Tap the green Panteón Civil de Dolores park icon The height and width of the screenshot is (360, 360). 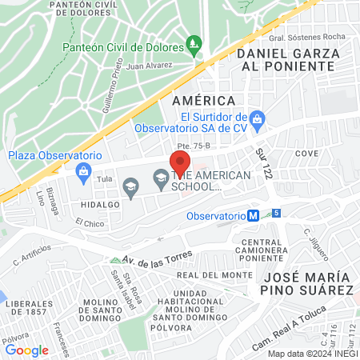[193, 42]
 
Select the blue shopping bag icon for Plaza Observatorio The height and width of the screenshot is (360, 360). [82, 170]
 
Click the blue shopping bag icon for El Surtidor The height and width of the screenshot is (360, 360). [257, 121]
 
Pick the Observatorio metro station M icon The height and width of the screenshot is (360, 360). [253, 215]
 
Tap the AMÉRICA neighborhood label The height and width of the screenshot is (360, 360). [204, 101]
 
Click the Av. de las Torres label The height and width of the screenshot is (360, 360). [153, 261]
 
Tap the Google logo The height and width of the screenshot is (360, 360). [26, 350]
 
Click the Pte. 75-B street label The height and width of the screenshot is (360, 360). [193, 146]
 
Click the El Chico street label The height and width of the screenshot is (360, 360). [90, 222]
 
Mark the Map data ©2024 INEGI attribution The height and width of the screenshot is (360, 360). [312, 354]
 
